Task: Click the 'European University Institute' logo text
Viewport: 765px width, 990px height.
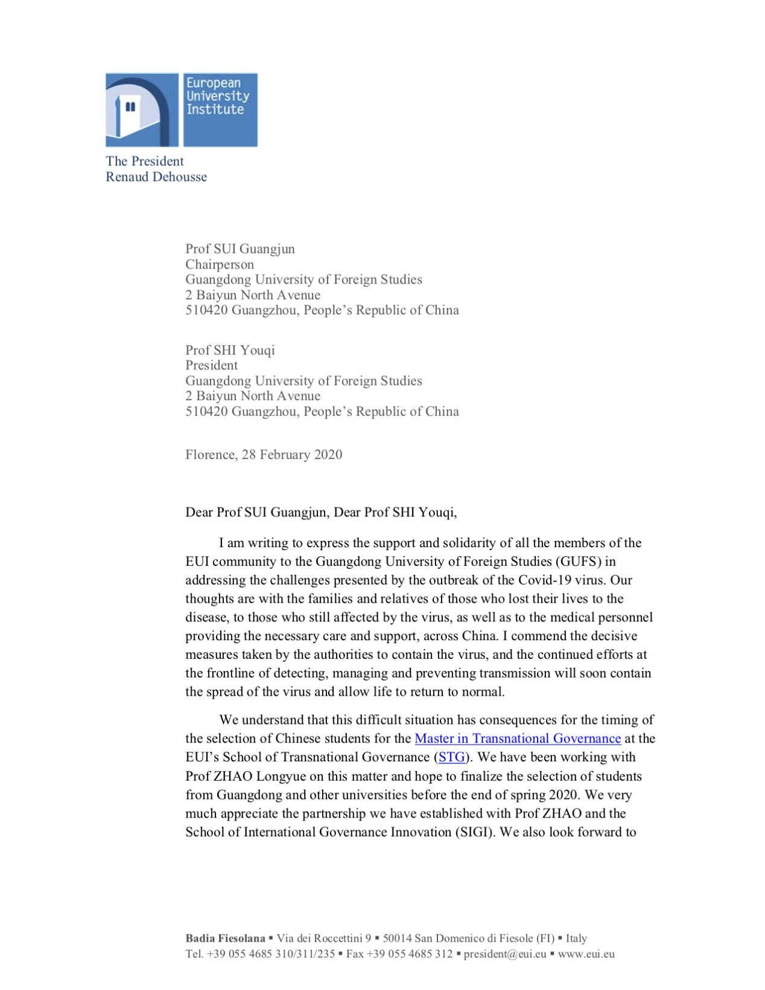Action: (217, 97)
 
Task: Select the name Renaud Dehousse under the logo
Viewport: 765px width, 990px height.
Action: (156, 177)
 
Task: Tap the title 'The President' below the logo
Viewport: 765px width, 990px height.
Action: (145, 161)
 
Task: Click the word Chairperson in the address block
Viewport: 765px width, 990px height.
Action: (220, 264)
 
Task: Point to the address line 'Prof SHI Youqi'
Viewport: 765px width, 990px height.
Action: (230, 350)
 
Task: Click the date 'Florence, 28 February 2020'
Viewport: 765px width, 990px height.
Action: (264, 454)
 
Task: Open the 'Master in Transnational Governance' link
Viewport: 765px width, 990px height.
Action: (518, 738)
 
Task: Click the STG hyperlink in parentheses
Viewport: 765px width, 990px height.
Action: (452, 757)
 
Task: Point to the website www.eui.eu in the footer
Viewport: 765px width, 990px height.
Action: (586, 954)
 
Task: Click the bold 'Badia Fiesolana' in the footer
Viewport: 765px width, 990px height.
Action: (225, 938)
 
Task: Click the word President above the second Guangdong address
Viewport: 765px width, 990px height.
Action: (211, 365)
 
